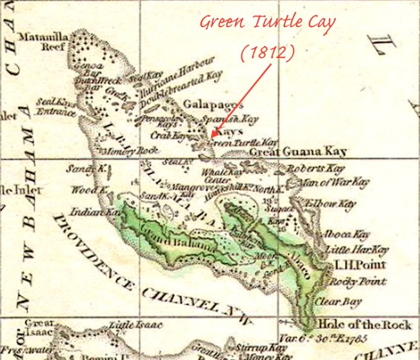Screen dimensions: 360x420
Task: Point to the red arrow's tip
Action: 210,137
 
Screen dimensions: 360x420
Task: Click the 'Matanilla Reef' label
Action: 41,42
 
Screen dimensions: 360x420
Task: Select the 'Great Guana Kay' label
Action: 298,152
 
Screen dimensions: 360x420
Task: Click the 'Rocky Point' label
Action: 357,282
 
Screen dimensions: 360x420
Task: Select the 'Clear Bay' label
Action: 337,301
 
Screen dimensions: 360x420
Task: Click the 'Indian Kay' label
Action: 88,211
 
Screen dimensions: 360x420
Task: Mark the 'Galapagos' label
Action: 213,105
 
